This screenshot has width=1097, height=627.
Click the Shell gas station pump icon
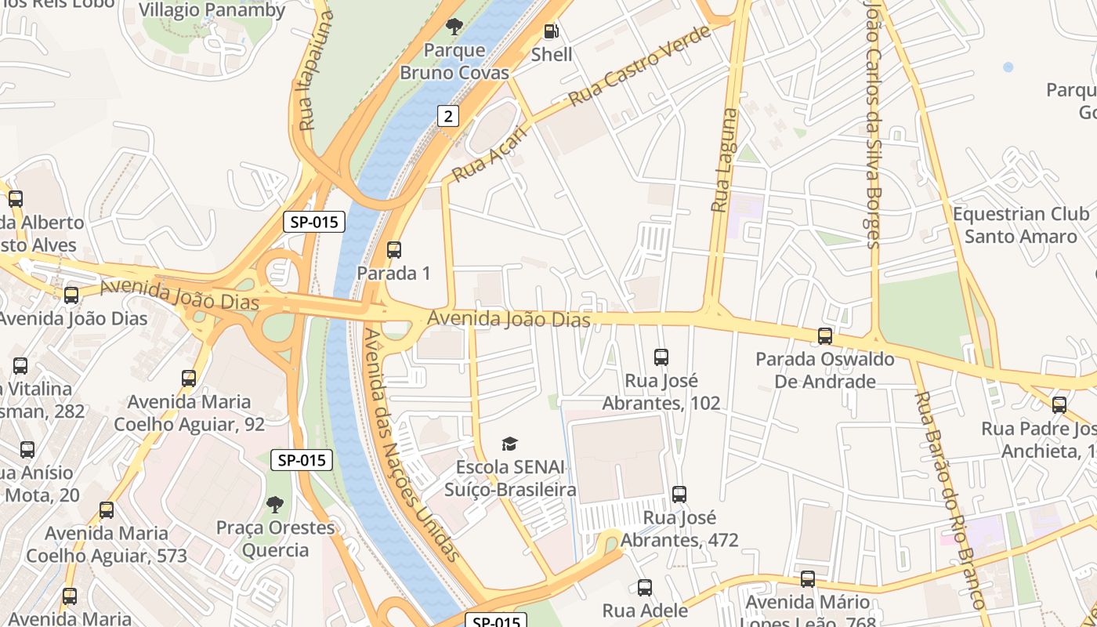(552, 31)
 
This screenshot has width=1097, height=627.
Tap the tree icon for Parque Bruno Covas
(454, 27)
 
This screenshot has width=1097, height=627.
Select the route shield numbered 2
(447, 117)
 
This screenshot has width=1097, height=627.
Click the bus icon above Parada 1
(394, 250)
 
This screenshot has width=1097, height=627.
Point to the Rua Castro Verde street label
(639, 66)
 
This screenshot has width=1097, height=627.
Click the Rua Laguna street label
(724, 161)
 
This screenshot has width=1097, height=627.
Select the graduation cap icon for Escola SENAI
(510, 444)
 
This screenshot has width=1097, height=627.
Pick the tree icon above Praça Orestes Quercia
(274, 504)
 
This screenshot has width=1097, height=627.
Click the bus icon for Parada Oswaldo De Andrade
(824, 336)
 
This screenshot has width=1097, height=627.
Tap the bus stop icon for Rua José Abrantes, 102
(661, 357)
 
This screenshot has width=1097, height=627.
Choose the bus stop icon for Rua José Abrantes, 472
(679, 495)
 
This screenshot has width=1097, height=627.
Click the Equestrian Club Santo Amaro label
(1020, 225)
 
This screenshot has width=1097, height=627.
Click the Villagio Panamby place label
(212, 10)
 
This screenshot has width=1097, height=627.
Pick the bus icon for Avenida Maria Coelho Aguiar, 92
(189, 379)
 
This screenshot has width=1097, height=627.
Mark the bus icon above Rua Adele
(645, 588)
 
